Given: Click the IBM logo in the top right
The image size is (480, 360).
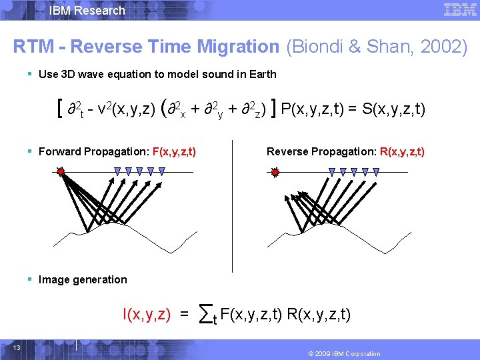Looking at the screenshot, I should [459, 9].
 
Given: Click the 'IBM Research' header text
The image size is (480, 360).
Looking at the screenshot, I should [87, 10].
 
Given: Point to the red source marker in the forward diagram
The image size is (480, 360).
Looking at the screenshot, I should [61, 172].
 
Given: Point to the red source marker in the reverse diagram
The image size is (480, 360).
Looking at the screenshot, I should [275, 172].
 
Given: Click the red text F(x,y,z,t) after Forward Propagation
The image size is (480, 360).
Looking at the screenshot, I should [174, 152].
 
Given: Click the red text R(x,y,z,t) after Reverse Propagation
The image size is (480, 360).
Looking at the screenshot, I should [402, 152].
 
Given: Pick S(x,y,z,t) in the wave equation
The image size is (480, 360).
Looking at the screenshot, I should [393, 109].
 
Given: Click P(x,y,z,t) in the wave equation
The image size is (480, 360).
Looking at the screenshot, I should [313, 109].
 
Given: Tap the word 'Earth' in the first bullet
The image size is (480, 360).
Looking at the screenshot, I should [262, 75].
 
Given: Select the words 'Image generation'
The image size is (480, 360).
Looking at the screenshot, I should [83, 279].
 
